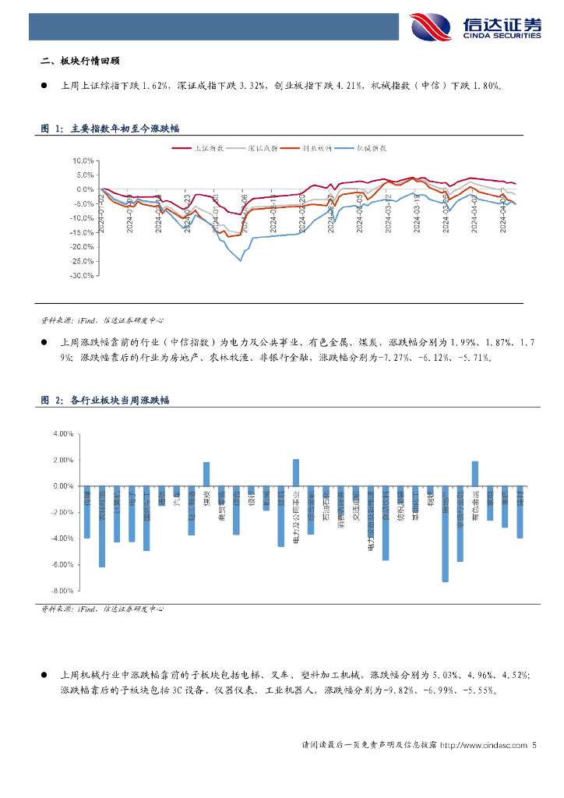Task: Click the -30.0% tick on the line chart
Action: (x=80, y=275)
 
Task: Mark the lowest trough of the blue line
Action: (x=240, y=260)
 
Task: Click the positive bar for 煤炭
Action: (x=206, y=473)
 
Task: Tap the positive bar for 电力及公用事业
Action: (x=296, y=472)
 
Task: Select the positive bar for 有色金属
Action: (x=475, y=473)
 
